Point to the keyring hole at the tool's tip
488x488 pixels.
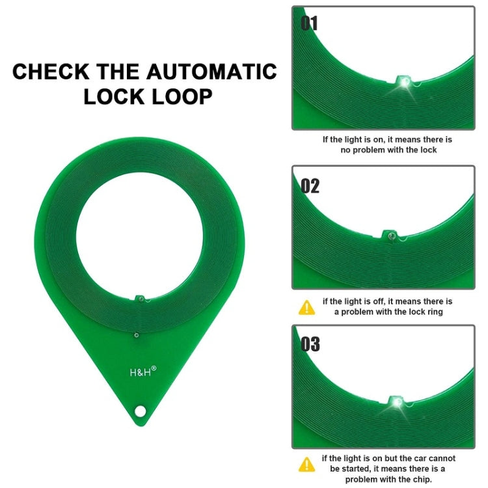coord(139,411)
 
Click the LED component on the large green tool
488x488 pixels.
coord(139,298)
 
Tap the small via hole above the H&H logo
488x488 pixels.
coord(135,335)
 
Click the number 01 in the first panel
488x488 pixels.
coord(310,23)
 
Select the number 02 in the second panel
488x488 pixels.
coord(310,186)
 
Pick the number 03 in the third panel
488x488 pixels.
coord(310,344)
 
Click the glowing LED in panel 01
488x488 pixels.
coord(404,82)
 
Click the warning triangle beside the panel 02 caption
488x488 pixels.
coord(306,307)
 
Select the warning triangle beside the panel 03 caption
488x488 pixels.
coord(306,464)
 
